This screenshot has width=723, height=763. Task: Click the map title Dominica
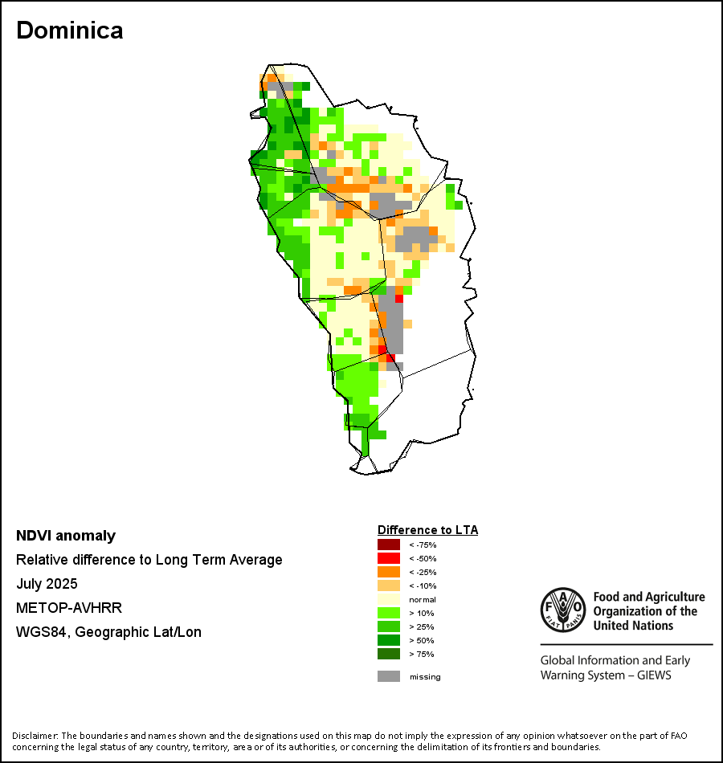pos(69,31)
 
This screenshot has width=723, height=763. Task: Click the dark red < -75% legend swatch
pos(388,545)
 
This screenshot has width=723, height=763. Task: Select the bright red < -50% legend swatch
pos(388,558)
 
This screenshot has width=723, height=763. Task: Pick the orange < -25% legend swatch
pos(388,572)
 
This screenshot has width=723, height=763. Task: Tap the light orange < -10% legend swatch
pos(388,586)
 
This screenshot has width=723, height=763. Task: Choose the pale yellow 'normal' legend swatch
pos(388,599)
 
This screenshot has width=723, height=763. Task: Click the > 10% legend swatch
pos(388,613)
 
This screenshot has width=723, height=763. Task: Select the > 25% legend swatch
pos(388,626)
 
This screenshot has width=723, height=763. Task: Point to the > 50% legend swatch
pos(388,640)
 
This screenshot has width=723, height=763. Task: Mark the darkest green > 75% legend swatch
pos(388,654)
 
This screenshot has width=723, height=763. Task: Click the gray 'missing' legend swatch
pos(388,676)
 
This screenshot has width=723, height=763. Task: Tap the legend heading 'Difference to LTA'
pos(427,530)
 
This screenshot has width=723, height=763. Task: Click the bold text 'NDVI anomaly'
pos(66,536)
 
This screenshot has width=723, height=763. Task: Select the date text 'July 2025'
pos(47,584)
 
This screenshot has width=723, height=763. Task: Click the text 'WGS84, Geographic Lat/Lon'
pos(108,632)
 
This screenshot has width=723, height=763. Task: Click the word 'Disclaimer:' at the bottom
pos(35,736)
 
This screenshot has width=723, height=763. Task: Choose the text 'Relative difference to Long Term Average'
pos(149,560)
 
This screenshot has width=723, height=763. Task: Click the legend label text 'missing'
pos(425,677)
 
